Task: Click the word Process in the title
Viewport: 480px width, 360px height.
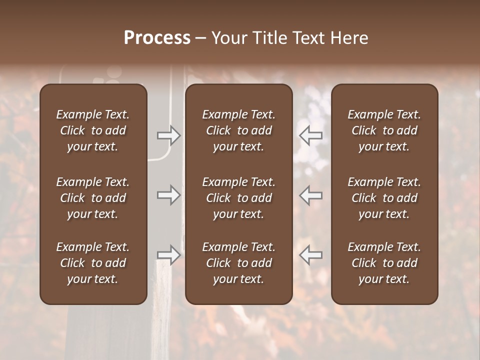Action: [x=157, y=38]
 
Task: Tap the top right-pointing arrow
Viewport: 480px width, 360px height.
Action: [x=169, y=135]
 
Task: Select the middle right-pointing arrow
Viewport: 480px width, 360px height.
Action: [x=169, y=195]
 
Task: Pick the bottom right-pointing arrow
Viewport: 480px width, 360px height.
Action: [x=169, y=255]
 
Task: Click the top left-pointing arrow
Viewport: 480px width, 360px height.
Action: [x=311, y=135]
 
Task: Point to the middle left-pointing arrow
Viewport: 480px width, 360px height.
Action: [x=311, y=195]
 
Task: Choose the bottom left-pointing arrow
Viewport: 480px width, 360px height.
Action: [x=311, y=255]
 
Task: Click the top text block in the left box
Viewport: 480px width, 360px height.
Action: [x=93, y=130]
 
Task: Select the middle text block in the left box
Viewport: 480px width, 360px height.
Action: [x=93, y=198]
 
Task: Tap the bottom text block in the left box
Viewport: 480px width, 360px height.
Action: [x=93, y=263]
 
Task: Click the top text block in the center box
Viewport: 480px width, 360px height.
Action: [x=239, y=130]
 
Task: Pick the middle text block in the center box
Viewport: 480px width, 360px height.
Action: [x=239, y=198]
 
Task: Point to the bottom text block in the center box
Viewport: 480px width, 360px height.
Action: [x=239, y=263]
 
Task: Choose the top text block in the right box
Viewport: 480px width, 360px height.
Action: [x=384, y=130]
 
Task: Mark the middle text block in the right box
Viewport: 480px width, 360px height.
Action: [x=384, y=198]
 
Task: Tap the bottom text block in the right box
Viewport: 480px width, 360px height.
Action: [x=384, y=263]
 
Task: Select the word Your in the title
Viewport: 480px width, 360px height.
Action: [x=227, y=38]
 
